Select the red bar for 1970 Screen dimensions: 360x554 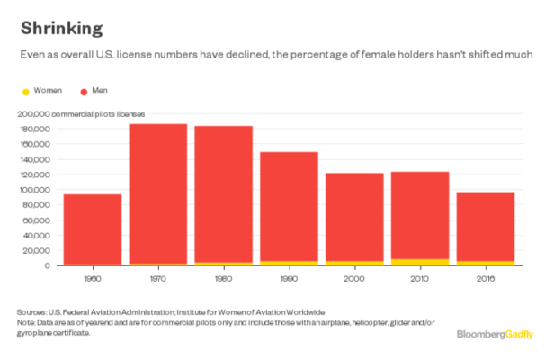click(157, 193)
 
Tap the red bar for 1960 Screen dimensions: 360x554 click(92, 229)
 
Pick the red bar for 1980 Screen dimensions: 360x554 click(223, 193)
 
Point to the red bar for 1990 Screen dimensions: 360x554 click(289, 207)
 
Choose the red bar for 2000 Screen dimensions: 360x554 click(354, 216)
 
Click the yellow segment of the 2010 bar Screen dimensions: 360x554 click(420, 262)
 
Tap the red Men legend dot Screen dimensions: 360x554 click(84, 92)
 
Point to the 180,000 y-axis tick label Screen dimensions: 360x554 click(36, 130)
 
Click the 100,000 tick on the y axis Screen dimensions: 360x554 click(36, 190)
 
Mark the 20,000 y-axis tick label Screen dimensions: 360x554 click(39, 251)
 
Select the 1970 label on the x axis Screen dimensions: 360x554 click(157, 279)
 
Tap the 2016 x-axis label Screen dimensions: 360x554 click(486, 279)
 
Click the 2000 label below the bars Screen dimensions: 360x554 click(354, 279)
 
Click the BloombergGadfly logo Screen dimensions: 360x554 click(495, 334)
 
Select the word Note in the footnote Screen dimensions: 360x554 click(24, 320)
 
